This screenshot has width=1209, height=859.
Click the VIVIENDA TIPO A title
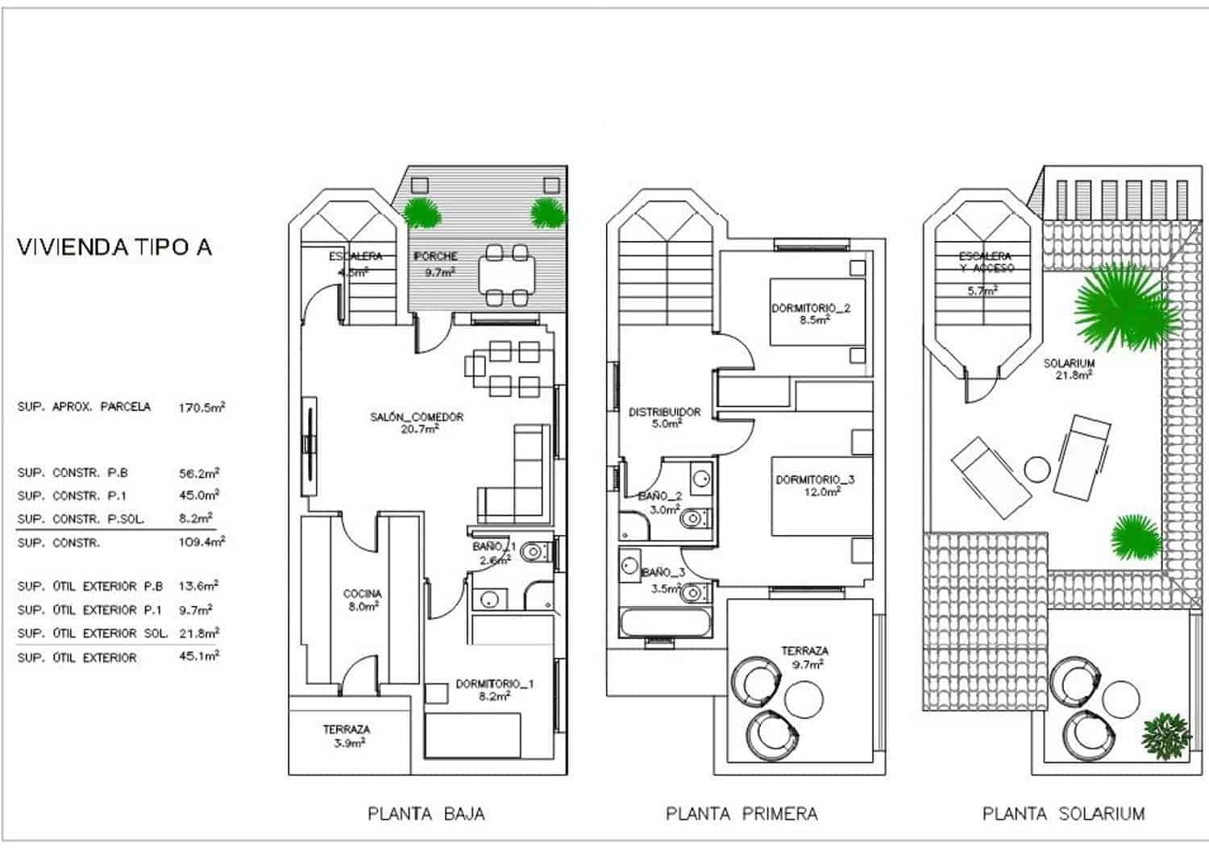tap(114, 247)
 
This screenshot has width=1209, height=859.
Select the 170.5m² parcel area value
tap(201, 408)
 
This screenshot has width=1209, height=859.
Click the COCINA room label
tap(362, 600)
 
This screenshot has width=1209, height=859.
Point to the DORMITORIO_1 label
tap(494, 690)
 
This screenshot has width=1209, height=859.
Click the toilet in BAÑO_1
tap(533, 554)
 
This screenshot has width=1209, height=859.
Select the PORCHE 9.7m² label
tap(436, 264)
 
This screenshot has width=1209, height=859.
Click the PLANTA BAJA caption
tap(426, 814)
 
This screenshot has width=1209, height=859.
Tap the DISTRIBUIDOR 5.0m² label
tap(664, 417)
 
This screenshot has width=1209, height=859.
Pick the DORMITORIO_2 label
tap(811, 313)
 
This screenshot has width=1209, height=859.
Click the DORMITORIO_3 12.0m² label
tap(815, 485)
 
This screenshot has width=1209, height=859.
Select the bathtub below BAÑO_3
tap(666, 624)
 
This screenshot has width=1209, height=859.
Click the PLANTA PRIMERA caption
tap(742, 814)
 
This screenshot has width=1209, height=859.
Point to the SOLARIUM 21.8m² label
tap(1069, 369)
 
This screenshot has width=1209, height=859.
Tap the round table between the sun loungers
tap(1037, 468)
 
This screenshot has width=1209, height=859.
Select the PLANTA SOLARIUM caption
tap(1063, 814)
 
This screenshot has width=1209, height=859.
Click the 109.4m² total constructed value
tap(201, 542)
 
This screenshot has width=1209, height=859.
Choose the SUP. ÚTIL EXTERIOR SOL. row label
tap(93, 633)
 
